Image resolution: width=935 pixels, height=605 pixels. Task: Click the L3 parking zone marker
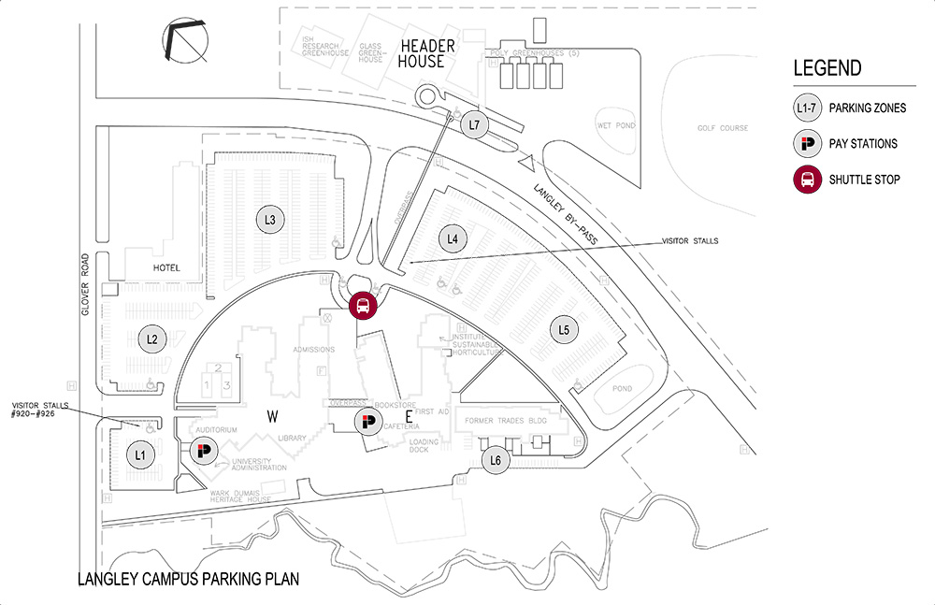pyautogui.click(x=269, y=220)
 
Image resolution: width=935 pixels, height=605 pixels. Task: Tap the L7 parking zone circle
pyautogui.click(x=475, y=124)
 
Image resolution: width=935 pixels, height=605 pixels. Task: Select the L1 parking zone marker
pyautogui.click(x=141, y=455)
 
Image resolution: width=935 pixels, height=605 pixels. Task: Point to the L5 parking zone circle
pyautogui.click(x=564, y=329)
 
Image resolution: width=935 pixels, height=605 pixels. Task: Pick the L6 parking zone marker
pyautogui.click(x=496, y=460)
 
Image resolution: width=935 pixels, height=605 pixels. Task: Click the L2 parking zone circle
pyautogui.click(x=151, y=339)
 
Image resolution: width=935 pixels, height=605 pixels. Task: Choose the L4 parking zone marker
pyautogui.click(x=453, y=238)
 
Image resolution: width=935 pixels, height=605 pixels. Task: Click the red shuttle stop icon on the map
pyautogui.click(x=362, y=305)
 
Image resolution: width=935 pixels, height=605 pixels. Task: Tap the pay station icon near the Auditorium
pyautogui.click(x=203, y=453)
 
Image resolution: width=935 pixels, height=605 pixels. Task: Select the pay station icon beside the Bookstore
pyautogui.click(x=367, y=423)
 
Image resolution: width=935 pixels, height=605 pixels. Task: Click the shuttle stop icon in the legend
pyautogui.click(x=807, y=179)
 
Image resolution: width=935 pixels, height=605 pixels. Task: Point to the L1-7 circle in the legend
pyautogui.click(x=807, y=108)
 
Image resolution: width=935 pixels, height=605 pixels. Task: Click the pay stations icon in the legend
pyautogui.click(x=807, y=144)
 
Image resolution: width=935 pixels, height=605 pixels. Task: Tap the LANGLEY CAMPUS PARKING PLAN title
pyautogui.click(x=189, y=579)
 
